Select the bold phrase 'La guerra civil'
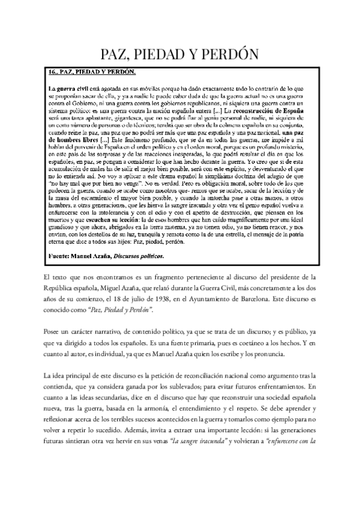(68, 89)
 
